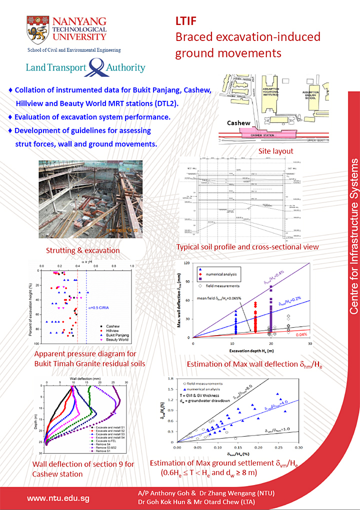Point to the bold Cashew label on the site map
pos(238,123)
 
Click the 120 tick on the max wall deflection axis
pos(186,263)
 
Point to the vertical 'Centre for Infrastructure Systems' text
pos(353,236)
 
